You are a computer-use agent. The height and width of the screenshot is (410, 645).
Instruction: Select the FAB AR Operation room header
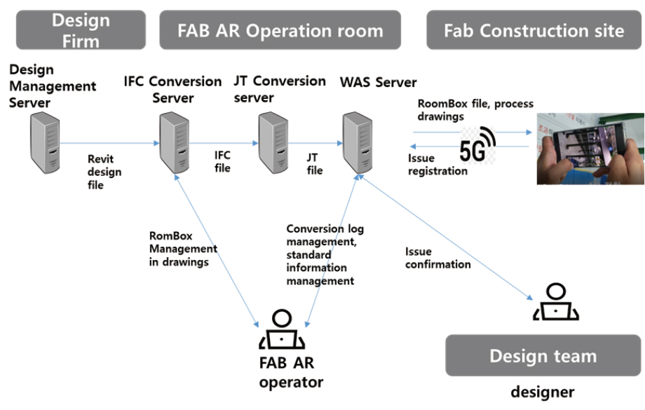tap(280, 30)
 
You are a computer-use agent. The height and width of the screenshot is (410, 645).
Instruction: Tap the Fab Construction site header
tap(534, 30)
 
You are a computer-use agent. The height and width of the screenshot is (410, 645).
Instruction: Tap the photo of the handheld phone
tap(590, 149)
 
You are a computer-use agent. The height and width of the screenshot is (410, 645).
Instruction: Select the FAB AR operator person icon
tap(280, 330)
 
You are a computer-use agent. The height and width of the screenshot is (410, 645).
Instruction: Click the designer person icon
tap(554, 302)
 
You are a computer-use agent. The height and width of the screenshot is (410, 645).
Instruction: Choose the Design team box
tap(543, 355)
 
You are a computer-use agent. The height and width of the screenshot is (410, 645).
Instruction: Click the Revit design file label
tap(104, 172)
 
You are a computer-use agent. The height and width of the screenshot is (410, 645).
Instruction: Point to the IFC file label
tap(222, 161)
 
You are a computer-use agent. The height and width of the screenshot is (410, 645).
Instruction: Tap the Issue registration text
tap(437, 165)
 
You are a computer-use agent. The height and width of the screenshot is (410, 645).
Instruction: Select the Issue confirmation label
tap(437, 258)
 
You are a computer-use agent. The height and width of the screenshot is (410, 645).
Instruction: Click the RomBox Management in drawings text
tap(182, 250)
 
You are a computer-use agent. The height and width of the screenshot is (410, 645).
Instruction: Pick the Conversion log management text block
tap(325, 254)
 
